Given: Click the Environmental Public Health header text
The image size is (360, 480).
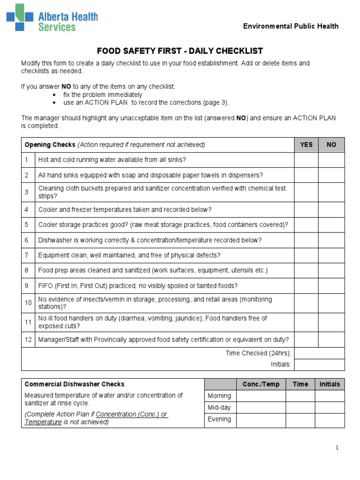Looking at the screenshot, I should [x=290, y=26].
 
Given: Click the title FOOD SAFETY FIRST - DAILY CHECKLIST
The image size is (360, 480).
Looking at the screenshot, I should [x=180, y=51].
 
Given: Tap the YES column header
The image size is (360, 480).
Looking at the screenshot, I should [x=306, y=145].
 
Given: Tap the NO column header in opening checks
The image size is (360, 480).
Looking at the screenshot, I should [x=331, y=145].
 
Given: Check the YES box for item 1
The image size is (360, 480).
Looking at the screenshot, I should [x=306, y=160].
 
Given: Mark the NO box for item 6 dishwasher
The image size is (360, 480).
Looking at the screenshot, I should [x=331, y=240].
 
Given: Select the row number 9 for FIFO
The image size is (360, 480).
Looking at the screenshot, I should [x=28, y=285].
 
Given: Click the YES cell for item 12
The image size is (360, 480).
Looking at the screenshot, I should [x=306, y=339].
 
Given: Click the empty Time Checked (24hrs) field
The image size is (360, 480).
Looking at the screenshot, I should [x=319, y=353].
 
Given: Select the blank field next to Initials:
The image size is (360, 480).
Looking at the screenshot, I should [x=319, y=364].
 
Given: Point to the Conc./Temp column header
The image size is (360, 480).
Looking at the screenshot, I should [x=261, y=384].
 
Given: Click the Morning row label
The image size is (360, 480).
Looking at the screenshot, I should [x=219, y=396].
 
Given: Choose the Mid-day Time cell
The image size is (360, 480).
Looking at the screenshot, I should [x=300, y=407].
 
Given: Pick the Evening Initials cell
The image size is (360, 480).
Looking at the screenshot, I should [x=330, y=420].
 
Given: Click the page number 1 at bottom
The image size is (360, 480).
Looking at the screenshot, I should [x=337, y=448].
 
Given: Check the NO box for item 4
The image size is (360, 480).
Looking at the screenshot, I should [x=331, y=210].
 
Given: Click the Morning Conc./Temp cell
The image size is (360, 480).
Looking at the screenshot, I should [x=261, y=396].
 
